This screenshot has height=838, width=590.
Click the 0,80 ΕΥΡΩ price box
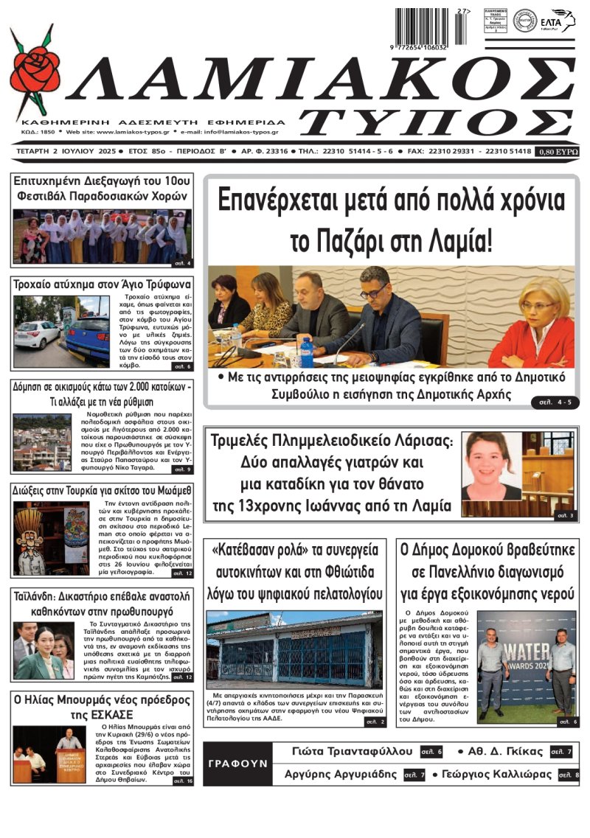click(558, 151)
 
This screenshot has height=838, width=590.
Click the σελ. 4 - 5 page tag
click(552, 401)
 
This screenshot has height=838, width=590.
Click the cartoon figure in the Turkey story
click(31, 538)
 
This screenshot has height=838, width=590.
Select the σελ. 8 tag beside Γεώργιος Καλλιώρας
click(568, 775)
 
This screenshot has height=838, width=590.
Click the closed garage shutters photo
click(295, 649)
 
